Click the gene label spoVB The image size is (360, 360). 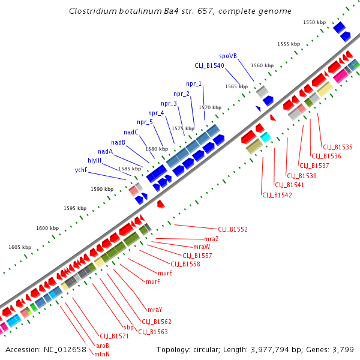tap(228, 55)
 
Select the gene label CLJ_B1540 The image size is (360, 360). tap(209, 65)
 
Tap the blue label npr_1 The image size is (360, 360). tap(194, 83)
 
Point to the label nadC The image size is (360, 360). tap(131, 132)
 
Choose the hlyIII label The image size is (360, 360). tap(94, 160)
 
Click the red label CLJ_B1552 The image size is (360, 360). tap(233, 229)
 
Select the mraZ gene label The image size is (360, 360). tap(211, 239)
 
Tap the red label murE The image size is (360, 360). tap(165, 273)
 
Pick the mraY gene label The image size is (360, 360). tap(155, 310)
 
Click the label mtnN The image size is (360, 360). tap(101, 354)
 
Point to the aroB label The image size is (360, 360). tap(103, 346)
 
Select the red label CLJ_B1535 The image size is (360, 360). tap(338, 147)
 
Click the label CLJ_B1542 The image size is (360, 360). tap(277, 195)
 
